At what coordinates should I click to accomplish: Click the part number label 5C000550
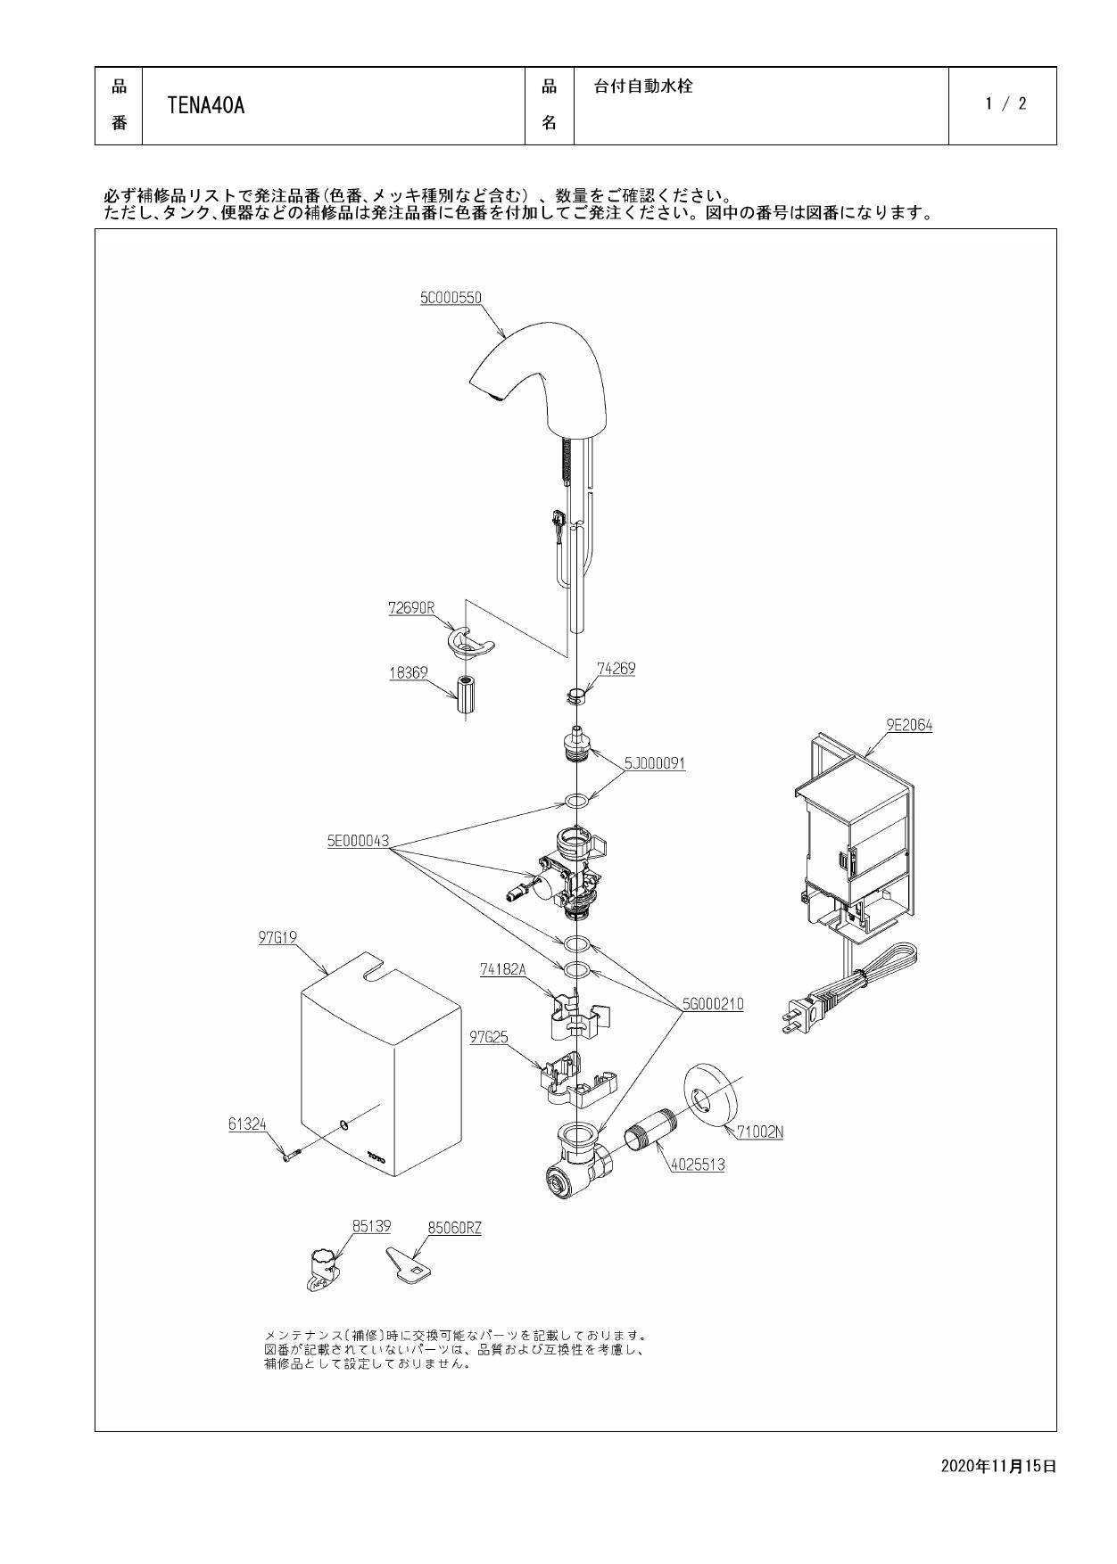pos(451,298)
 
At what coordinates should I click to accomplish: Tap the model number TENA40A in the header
pos(206,106)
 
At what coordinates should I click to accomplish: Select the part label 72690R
pos(411,608)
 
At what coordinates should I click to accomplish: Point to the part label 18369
pos(408,673)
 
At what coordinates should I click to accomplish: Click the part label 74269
pos(616,668)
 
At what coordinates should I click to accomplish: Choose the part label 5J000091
pos(655,763)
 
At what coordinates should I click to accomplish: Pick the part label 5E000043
pos(358,841)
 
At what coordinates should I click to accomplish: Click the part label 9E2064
pos(909,725)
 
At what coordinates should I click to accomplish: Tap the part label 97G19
pos(277,937)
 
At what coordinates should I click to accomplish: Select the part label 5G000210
pos(713,1004)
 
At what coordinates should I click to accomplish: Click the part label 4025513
pos(697,1164)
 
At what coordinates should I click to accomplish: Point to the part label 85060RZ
pos(454,1228)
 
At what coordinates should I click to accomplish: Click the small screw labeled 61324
pos(291,1155)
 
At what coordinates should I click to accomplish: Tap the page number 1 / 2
pos(1005,103)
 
